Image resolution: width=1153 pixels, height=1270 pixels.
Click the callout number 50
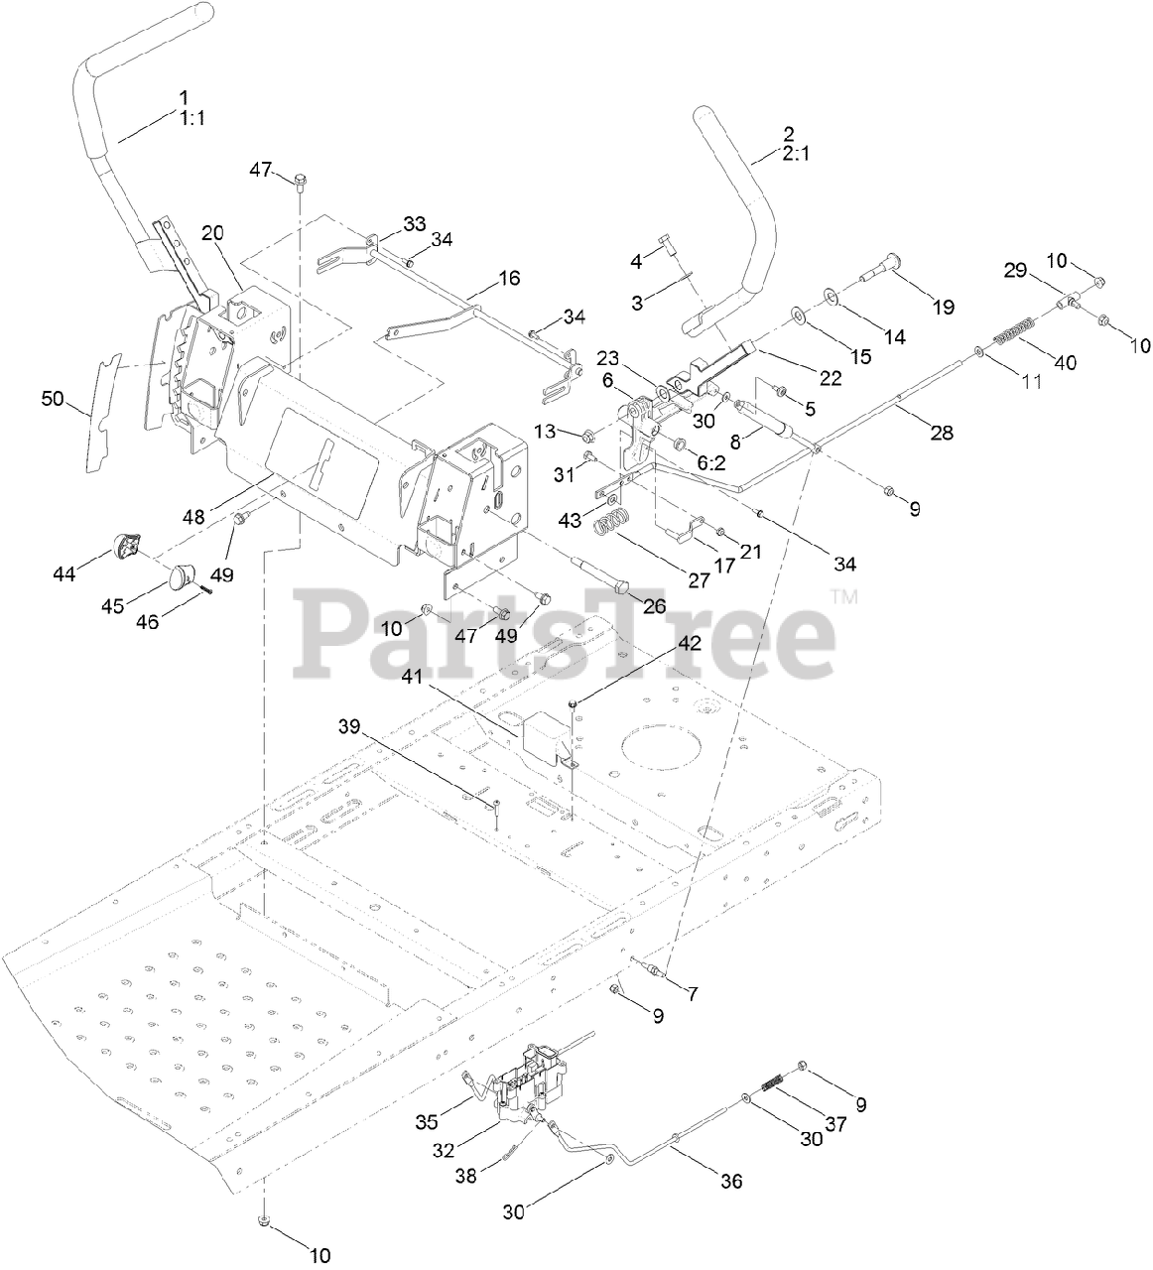52,399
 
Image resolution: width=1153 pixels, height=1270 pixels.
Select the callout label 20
213,232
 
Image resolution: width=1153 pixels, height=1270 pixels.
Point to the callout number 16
508,279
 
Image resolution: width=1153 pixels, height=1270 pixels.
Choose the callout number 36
730,1181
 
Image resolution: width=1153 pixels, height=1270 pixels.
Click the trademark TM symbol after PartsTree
844,597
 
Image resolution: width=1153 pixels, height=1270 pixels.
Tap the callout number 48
195,516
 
